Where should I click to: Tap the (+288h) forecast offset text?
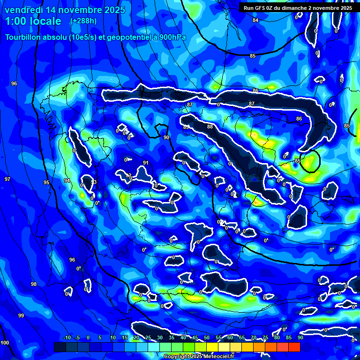point(83,21)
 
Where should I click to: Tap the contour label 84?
point(255,20)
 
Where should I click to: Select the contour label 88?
point(210,127)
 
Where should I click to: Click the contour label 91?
point(146,163)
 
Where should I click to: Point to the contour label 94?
point(67,180)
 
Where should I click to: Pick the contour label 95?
point(46,182)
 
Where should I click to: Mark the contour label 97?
point(7,179)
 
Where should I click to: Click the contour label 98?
point(34,284)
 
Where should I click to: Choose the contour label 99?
point(21,315)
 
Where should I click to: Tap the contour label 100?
point(5,343)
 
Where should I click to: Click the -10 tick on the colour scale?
point(67,337)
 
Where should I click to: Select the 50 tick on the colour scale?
point(207,337)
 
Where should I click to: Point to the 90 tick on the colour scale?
point(300,337)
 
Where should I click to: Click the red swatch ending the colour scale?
point(294,347)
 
